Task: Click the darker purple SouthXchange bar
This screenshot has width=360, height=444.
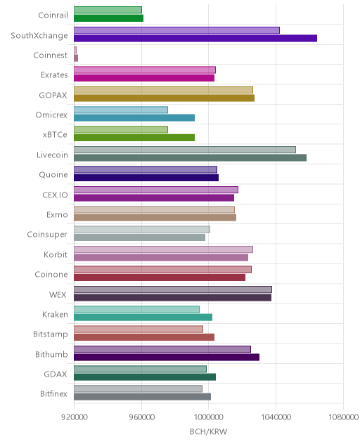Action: coord(195,38)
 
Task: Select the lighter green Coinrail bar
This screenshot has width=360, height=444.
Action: coord(108,10)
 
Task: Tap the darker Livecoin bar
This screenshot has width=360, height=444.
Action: coord(191,158)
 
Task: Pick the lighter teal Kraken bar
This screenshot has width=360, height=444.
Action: coord(136,309)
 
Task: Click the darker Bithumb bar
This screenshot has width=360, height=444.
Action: coord(167,357)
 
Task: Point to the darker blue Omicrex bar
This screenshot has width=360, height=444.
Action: coord(134,118)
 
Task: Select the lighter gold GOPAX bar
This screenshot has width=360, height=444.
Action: coord(163,90)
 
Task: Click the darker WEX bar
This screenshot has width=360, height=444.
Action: coord(173,298)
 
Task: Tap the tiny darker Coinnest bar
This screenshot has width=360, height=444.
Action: coord(76,58)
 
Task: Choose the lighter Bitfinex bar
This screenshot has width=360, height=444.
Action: coord(138,388)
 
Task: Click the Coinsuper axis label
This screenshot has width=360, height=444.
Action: coord(47,235)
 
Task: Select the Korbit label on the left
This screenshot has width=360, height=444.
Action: coord(56,254)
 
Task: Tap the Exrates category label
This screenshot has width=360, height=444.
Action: coord(54,75)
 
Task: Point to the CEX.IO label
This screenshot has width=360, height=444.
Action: coord(55,195)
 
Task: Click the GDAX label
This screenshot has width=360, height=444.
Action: coord(56,374)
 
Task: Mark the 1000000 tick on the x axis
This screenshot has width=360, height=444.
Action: coord(209,417)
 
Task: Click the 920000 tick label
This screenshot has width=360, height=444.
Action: coord(75,417)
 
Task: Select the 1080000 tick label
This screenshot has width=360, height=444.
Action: coord(343,417)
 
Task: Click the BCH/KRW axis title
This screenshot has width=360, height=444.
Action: coord(208,431)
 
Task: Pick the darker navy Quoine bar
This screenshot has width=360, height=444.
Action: coord(146,178)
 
